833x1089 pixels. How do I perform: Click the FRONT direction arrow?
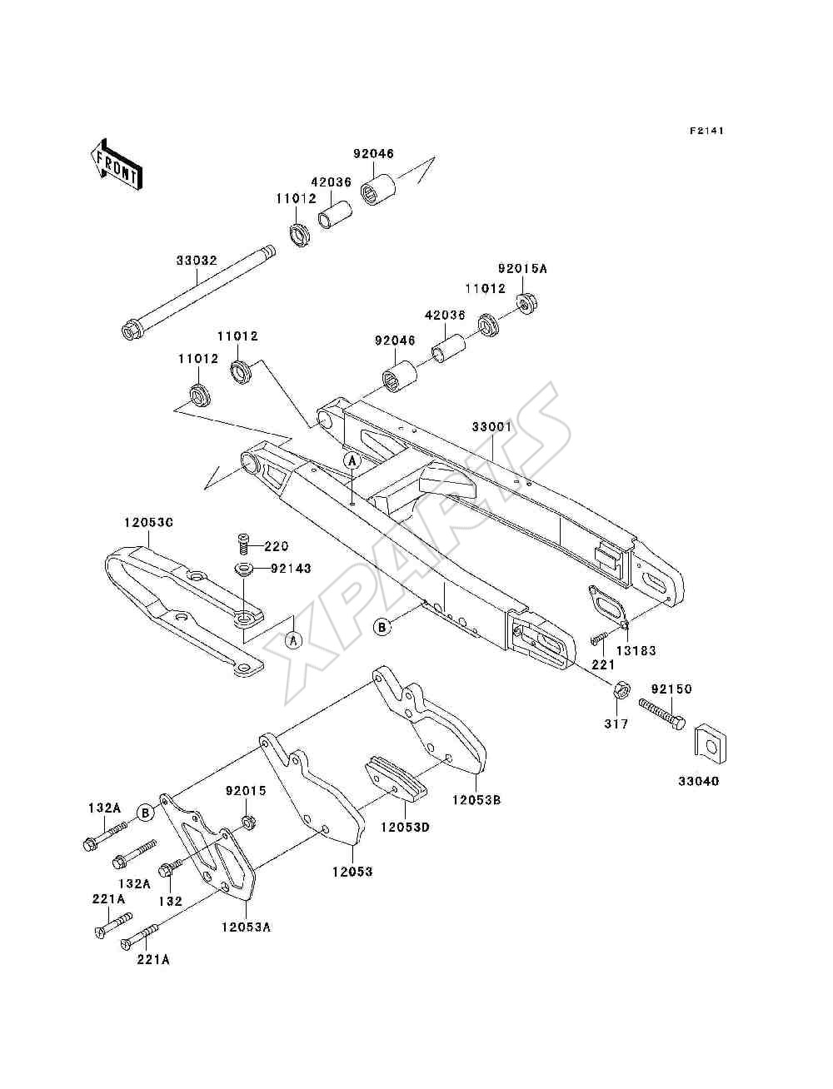click(117, 165)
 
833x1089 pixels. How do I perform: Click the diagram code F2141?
click(706, 131)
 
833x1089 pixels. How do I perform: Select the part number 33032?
click(197, 261)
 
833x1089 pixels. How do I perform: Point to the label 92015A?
click(522, 268)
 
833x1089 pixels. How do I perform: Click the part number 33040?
click(698, 782)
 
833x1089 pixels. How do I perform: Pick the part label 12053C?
click(148, 522)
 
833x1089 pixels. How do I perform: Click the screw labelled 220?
click(243, 545)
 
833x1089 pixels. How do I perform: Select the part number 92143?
click(291, 569)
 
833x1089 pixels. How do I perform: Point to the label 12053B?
click(476, 800)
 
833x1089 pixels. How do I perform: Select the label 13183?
click(636, 650)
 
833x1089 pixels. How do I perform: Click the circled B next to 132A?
click(146, 813)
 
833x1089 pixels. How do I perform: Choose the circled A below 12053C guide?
click(293, 641)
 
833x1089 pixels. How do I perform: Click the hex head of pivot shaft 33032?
click(132, 330)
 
